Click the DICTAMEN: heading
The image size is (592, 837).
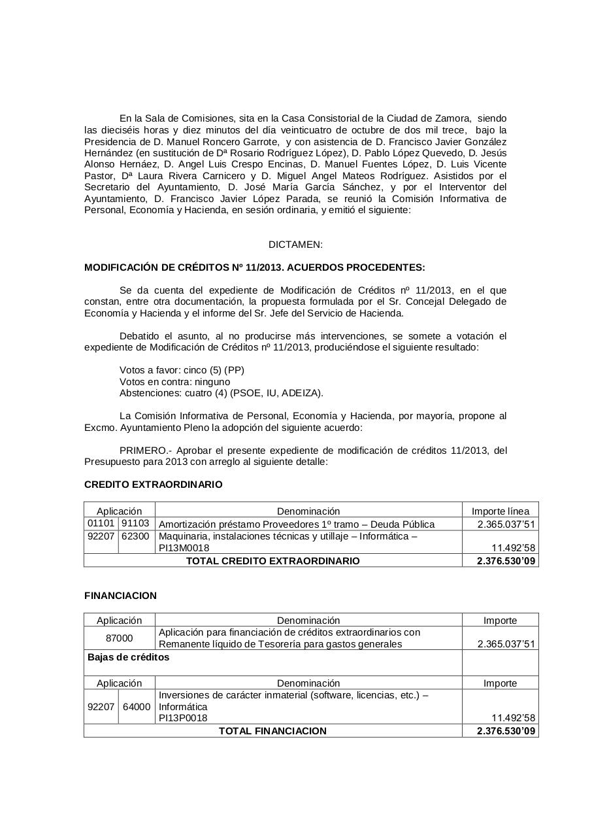pyautogui.click(x=295, y=245)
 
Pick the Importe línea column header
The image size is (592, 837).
pyautogui.click(x=501, y=511)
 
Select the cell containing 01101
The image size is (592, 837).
pyautogui.click(x=101, y=524)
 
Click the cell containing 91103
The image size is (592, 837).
pyautogui.click(x=137, y=524)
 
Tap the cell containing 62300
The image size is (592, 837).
pyautogui.click(x=137, y=536)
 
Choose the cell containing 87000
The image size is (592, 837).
pyautogui.click(x=120, y=638)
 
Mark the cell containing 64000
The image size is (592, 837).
pyautogui.click(x=137, y=707)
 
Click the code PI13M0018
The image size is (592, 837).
pyautogui.click(x=184, y=548)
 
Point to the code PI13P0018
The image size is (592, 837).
pyautogui.click(x=183, y=718)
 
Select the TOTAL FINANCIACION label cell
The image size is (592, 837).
pyautogui.click(x=272, y=731)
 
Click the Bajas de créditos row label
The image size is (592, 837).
pyautogui.click(x=129, y=657)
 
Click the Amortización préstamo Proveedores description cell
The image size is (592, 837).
pyautogui.click(x=297, y=524)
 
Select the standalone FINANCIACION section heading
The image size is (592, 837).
pyautogui.click(x=121, y=596)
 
